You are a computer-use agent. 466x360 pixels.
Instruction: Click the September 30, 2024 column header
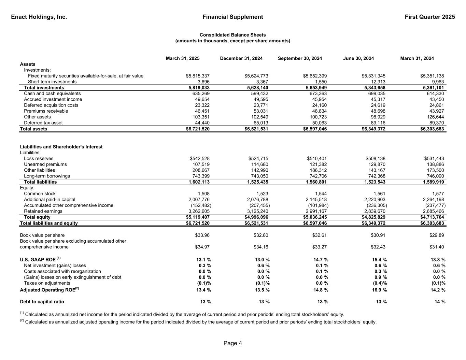(300, 58)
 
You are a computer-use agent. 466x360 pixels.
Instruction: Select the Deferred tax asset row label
(43, 123)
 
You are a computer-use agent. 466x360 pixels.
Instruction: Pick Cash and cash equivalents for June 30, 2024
(375, 93)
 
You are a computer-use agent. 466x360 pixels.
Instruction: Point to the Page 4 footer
(232, 343)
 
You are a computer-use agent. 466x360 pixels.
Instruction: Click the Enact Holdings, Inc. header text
(39, 17)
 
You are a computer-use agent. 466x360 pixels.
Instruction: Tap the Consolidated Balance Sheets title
(232, 35)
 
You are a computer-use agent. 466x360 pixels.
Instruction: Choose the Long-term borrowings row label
(47, 176)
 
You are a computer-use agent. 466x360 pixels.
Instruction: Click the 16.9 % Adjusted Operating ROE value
(379, 290)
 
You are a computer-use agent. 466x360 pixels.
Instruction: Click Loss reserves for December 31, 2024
(258, 159)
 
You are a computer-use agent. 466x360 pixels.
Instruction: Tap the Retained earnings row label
(43, 211)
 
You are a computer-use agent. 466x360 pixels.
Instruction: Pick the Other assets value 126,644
(434, 117)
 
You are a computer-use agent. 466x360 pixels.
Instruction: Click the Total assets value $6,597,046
(315, 129)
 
